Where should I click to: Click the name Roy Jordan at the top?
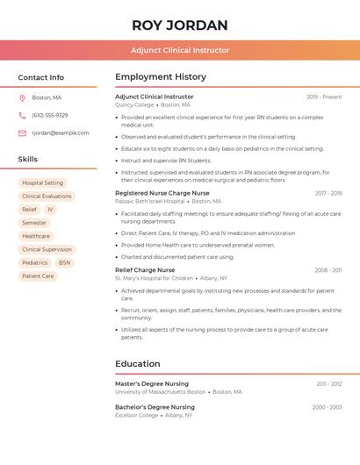click(180, 25)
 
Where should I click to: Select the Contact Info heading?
click(41, 77)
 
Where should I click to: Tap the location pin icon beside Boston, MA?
click(22, 97)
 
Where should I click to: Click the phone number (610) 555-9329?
click(50, 115)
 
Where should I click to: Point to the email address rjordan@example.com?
click(61, 132)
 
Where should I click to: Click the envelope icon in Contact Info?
click(22, 132)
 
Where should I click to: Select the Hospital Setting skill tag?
click(42, 182)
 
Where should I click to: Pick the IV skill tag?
click(50, 210)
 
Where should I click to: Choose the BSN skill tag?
click(65, 262)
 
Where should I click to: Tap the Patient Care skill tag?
click(38, 275)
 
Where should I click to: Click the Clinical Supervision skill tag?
click(47, 249)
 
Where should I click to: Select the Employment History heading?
click(161, 77)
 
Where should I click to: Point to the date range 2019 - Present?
click(324, 97)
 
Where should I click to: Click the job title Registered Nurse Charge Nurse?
click(162, 193)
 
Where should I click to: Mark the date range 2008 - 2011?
click(328, 270)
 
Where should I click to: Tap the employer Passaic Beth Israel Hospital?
click(150, 201)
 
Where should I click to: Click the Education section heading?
click(138, 363)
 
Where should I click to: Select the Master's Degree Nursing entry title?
click(152, 383)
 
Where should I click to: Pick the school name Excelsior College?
click(134, 415)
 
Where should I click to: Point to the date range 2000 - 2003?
click(327, 407)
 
